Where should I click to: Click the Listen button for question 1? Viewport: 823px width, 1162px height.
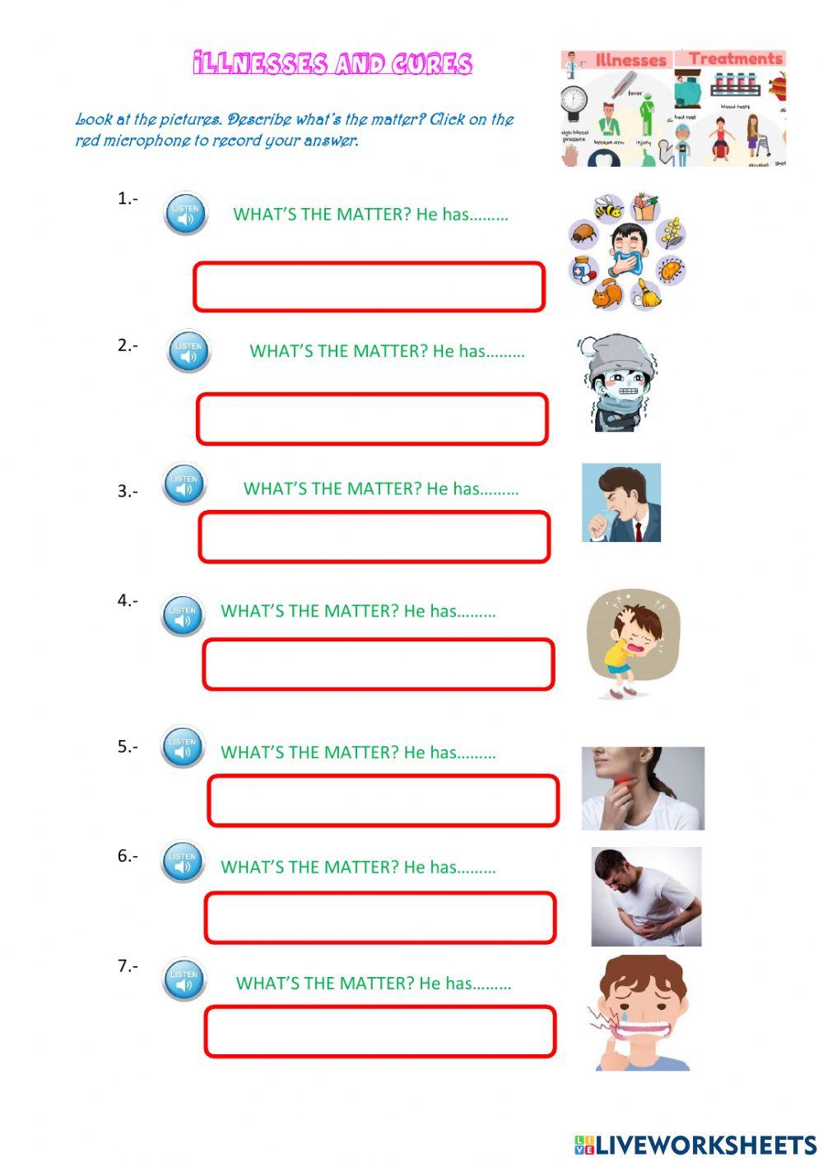[x=185, y=215]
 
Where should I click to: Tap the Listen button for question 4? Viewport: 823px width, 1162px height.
[x=183, y=615]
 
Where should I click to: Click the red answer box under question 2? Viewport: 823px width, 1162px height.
[x=372, y=419]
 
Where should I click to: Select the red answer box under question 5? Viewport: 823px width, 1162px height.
[x=383, y=800]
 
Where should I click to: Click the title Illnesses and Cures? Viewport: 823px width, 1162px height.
[x=332, y=64]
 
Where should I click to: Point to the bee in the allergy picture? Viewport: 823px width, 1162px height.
[x=608, y=207]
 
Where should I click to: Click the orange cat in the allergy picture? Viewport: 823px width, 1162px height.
[x=606, y=294]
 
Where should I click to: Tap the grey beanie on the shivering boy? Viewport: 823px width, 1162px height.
[x=612, y=354]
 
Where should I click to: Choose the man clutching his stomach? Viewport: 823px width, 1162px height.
[x=646, y=896]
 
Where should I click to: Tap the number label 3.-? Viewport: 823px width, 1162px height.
[x=127, y=491]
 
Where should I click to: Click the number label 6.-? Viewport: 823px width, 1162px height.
[x=127, y=856]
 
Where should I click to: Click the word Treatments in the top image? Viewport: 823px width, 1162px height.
[x=735, y=58]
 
